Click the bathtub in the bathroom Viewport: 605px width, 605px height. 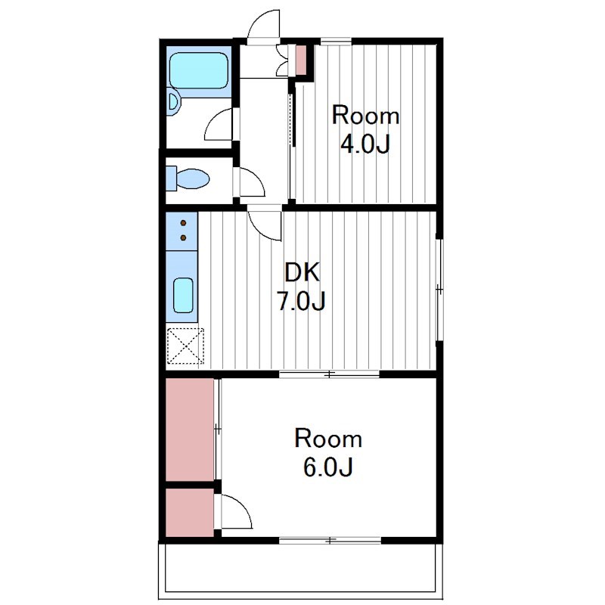click(198, 70)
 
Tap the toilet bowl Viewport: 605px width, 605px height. click(192, 178)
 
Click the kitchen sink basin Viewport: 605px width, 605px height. click(183, 295)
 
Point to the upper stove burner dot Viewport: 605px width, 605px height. click(183, 223)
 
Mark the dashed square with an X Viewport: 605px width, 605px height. click(185, 346)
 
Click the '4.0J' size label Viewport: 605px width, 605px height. click(365, 144)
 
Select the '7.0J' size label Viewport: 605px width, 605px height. click(301, 301)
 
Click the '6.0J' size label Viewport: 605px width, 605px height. click(328, 467)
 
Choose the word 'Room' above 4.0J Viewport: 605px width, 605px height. click(365, 116)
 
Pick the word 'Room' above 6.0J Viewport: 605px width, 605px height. click(328, 439)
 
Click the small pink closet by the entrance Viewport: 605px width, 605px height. click(301, 60)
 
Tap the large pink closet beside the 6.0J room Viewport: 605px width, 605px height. click(190, 430)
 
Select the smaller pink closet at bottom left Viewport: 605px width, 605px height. click(190, 513)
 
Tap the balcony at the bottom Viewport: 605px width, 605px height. click(300, 571)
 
